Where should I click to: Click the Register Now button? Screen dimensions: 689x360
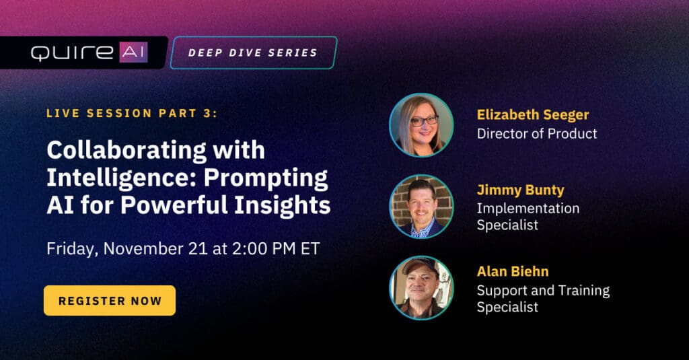point(110,301)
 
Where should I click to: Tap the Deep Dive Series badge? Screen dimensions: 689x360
point(254,52)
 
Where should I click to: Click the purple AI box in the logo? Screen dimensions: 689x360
point(133,52)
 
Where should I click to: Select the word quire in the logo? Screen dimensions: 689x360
point(72,52)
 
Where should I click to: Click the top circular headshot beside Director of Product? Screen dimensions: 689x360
point(421,125)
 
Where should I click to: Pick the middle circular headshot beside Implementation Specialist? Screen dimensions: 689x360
point(421,207)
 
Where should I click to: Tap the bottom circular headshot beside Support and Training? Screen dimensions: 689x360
point(421,288)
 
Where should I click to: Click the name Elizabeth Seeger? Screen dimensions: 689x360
point(533,115)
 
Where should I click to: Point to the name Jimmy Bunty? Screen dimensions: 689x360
point(520,190)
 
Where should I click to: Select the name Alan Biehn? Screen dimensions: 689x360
point(512,271)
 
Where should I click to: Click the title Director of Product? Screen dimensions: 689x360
point(537,134)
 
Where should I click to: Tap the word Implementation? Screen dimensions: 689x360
point(528,209)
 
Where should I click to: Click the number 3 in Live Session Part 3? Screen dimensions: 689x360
point(207,114)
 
